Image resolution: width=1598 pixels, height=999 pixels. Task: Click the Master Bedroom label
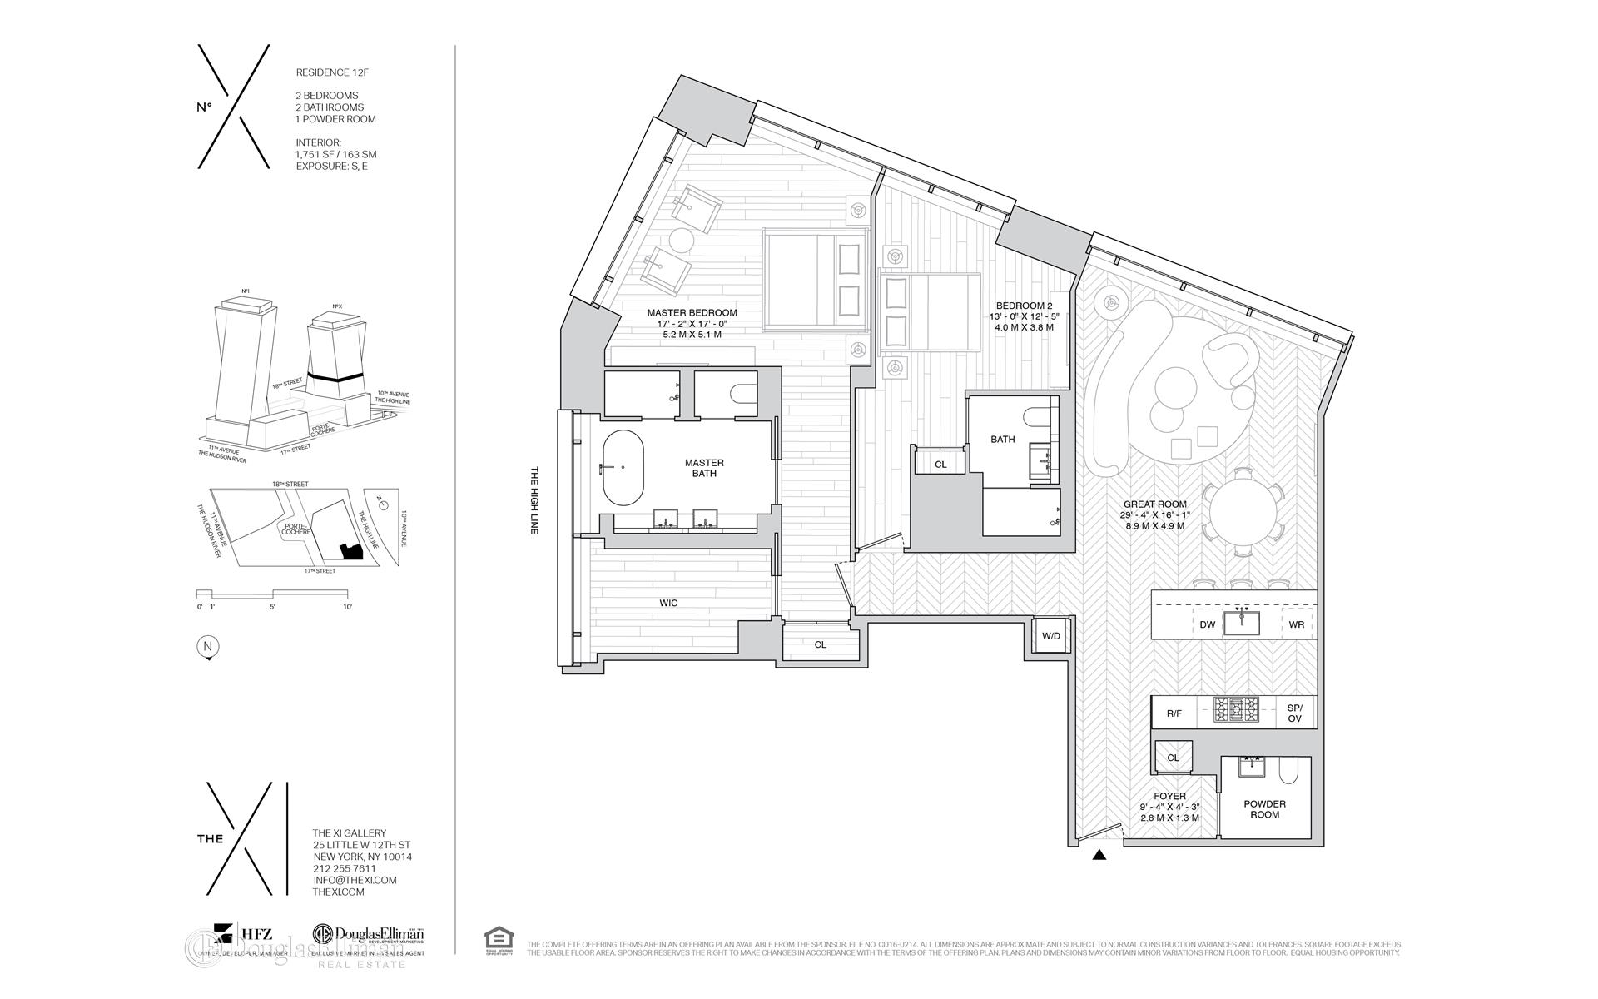(x=692, y=313)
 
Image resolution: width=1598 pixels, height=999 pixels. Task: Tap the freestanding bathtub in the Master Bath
(x=623, y=468)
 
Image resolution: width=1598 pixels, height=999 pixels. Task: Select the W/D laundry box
(x=1051, y=637)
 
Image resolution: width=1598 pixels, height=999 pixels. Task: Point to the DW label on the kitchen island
(x=1208, y=624)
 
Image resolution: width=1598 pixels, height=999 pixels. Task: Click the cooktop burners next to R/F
(x=1236, y=711)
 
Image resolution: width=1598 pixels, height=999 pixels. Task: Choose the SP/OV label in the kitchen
(x=1294, y=712)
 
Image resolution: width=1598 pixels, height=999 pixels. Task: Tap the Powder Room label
(x=1264, y=808)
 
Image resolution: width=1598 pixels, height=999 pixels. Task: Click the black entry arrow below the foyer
(x=1099, y=854)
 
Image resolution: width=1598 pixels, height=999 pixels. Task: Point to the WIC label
(x=668, y=603)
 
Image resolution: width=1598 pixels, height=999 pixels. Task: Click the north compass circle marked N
(x=207, y=647)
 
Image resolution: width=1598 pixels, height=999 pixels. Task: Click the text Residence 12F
(x=332, y=72)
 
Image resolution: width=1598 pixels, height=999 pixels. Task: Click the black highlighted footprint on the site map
(x=351, y=552)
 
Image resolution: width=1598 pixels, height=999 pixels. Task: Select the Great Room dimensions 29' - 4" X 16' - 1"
(x=1154, y=515)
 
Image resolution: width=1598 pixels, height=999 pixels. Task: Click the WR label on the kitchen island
(x=1296, y=624)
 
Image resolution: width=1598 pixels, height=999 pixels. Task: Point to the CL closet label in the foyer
(x=1173, y=758)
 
